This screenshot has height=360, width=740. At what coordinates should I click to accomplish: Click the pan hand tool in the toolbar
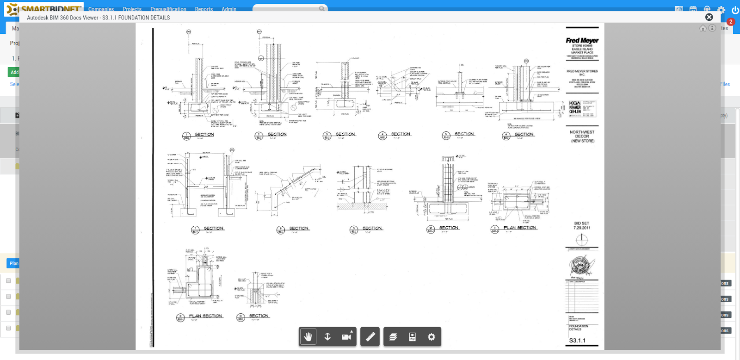tap(308, 337)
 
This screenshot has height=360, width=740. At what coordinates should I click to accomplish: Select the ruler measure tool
tap(370, 337)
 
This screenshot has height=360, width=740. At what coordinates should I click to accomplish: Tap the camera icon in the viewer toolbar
tap(346, 337)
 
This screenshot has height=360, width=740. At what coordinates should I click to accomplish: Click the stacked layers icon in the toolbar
tap(393, 337)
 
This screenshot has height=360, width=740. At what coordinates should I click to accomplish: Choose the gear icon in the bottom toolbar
tap(431, 337)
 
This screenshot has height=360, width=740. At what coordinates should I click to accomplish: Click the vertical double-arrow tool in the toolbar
tap(327, 337)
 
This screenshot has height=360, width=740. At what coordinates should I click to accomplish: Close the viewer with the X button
tap(709, 17)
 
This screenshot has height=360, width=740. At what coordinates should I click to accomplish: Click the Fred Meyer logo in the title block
tap(582, 41)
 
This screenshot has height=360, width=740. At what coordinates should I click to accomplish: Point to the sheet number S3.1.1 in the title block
tap(577, 341)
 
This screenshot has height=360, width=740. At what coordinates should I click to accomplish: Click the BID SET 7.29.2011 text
tap(582, 225)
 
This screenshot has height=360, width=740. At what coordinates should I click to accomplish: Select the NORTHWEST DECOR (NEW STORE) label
tap(582, 137)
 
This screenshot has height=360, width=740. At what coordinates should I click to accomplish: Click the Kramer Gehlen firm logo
tap(575, 109)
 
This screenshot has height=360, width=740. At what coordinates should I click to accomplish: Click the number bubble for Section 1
tap(186, 136)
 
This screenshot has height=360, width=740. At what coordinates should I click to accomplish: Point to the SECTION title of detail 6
tap(524, 134)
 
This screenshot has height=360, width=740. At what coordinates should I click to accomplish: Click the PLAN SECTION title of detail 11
tap(520, 228)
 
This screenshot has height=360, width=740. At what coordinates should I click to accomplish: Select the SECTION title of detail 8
tap(299, 228)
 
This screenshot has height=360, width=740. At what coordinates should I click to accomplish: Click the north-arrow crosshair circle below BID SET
tap(581, 240)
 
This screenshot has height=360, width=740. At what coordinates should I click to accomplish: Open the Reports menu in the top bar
tap(203, 9)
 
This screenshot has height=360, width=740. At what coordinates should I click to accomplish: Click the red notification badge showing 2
tap(730, 22)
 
